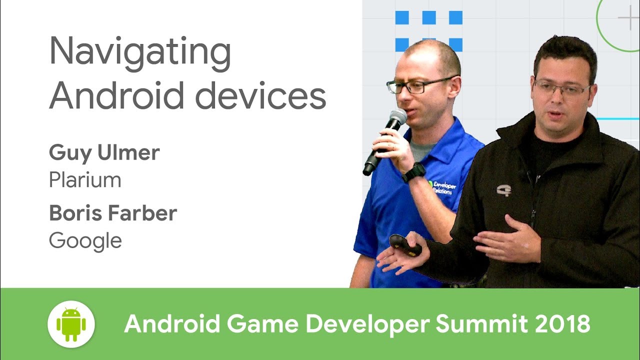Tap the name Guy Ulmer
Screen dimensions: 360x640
point(104,153)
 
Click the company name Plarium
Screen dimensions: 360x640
point(85,180)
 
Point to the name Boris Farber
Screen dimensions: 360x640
point(113,213)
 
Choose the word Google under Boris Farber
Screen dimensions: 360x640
point(85,241)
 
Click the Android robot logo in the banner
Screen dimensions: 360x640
point(71,324)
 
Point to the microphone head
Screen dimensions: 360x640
point(396,118)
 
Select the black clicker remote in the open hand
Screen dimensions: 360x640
point(405,245)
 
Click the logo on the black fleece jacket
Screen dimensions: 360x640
point(503,190)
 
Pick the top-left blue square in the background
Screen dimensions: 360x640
point(402,18)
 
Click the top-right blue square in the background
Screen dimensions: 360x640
point(455,18)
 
